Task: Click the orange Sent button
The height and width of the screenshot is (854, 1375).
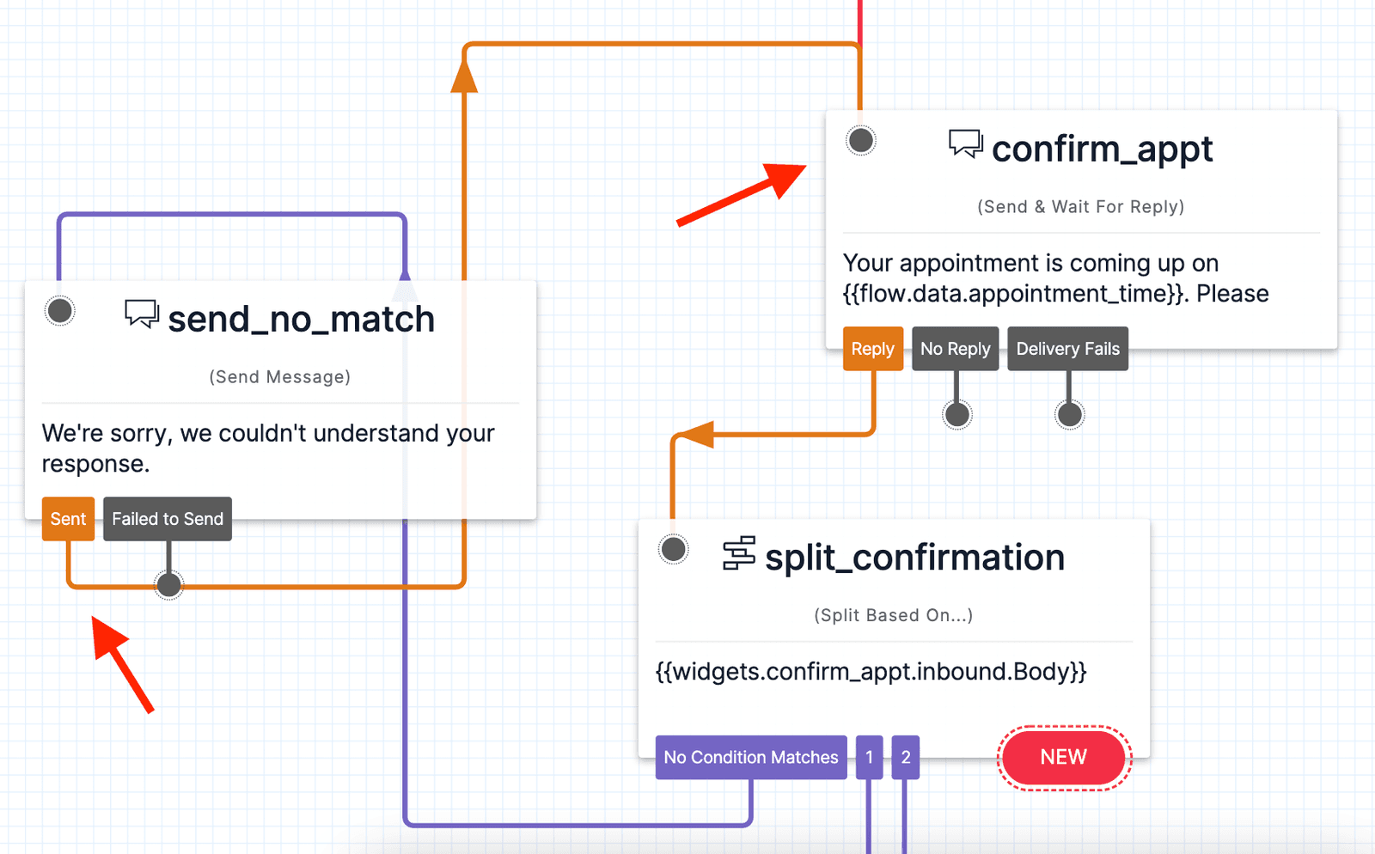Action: [x=68, y=519]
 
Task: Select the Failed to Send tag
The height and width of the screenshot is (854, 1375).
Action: [x=168, y=519]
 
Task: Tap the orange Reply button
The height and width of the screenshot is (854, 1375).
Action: [x=872, y=349]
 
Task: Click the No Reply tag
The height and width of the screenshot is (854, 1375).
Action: [x=955, y=349]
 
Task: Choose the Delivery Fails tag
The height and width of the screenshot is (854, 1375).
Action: [x=1067, y=349]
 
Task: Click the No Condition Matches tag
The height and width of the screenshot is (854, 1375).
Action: [x=750, y=757]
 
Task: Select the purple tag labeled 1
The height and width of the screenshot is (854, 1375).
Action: [x=869, y=757]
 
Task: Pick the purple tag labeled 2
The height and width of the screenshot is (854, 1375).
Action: [x=905, y=757]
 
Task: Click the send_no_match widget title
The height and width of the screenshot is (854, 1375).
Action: [x=301, y=320]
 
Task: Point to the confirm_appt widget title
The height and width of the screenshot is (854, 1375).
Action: [x=1102, y=149]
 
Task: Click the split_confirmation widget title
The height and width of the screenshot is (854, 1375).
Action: [x=914, y=558]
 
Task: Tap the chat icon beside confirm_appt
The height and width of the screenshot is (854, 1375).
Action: [x=965, y=143]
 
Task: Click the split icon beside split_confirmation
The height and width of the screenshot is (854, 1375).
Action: [x=738, y=553]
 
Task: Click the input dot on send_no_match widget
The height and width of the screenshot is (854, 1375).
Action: [x=60, y=310]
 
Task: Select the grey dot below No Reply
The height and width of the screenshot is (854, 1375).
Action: [x=956, y=415]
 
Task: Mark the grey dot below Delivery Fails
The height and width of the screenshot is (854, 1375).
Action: [x=1069, y=415]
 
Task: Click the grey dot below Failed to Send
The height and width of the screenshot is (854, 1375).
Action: [x=168, y=585]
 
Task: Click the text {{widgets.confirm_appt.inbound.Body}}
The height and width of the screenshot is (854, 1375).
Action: [x=871, y=671]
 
